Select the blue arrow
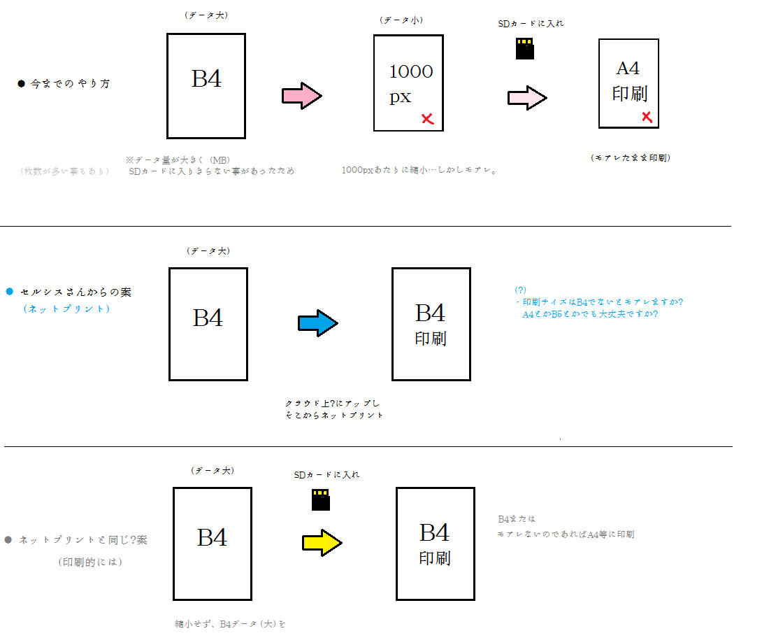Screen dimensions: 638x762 (x=318, y=323)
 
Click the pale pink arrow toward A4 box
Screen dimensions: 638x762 (x=526, y=97)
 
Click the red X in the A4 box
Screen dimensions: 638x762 (x=647, y=118)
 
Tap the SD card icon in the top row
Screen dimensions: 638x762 (x=525, y=49)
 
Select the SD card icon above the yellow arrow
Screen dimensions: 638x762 (x=320, y=499)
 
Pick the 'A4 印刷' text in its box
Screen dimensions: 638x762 (x=629, y=81)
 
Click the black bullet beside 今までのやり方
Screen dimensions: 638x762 (x=21, y=84)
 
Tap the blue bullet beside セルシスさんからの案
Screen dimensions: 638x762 (x=10, y=292)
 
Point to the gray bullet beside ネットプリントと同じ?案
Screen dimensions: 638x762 (x=8, y=540)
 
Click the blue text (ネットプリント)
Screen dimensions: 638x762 (x=66, y=309)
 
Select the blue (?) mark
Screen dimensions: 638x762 (x=520, y=290)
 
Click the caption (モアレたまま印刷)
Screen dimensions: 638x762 (x=630, y=158)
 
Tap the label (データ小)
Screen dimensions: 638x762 (x=401, y=21)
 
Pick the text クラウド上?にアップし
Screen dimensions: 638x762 (x=332, y=404)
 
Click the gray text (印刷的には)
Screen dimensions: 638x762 (x=90, y=561)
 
